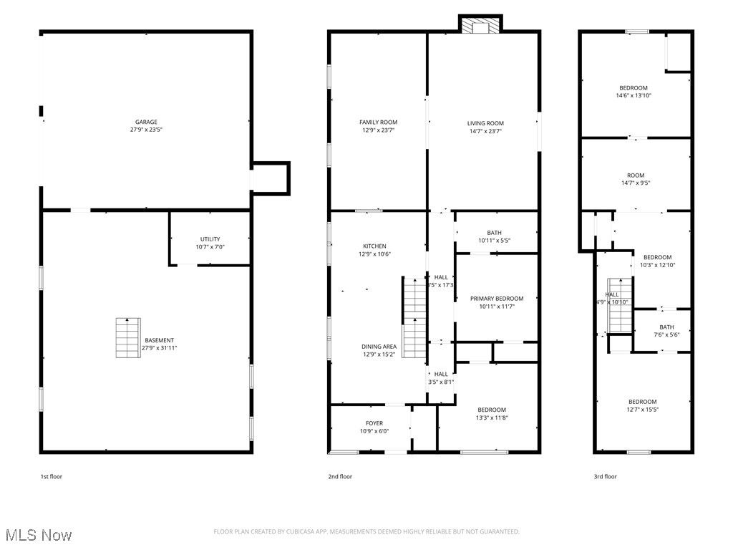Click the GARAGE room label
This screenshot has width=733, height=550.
[146, 122]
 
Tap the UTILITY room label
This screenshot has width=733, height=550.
[210, 239]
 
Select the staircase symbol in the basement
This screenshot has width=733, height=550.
[127, 337]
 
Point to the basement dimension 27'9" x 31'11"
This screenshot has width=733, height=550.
[159, 348]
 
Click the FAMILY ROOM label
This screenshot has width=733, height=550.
[378, 122]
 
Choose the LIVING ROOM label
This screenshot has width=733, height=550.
[485, 123]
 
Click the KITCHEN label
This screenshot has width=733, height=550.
[374, 246]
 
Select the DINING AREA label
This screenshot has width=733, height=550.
[379, 347]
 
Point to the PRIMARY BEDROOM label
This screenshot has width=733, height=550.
[496, 299]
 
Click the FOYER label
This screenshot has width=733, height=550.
[374, 423]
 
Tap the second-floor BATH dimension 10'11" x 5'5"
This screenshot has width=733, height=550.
[494, 241]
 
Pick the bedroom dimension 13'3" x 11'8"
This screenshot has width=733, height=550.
[492, 418]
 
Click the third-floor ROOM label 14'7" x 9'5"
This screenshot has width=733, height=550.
[635, 175]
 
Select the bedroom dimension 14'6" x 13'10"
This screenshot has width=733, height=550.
[634, 96]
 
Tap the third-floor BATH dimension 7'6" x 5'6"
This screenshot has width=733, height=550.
[662, 334]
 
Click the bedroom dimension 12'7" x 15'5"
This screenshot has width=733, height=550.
[642, 410]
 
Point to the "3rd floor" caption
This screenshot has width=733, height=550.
[605, 476]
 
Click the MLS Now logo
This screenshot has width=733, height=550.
[37, 535]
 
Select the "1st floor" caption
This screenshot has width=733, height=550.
[51, 476]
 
